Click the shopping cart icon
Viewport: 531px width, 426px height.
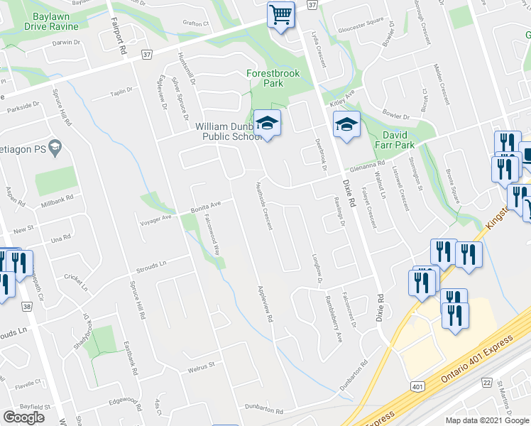[281, 15]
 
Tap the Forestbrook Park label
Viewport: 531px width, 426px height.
[273, 78]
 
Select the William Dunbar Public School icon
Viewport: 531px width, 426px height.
[267, 124]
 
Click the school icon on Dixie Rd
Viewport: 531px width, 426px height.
[346, 125]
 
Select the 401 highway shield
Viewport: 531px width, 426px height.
[417, 386]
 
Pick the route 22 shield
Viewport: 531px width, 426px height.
[486, 382]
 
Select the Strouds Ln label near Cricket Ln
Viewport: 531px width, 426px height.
[151, 266]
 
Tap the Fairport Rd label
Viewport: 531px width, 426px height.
[119, 36]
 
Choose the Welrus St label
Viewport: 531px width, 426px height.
[201, 366]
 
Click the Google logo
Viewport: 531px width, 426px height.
[24, 417]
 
